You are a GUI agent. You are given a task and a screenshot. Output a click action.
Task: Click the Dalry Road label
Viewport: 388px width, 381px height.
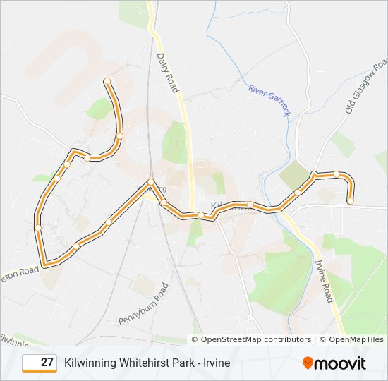168,73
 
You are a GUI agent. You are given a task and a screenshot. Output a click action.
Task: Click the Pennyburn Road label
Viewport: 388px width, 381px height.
154,301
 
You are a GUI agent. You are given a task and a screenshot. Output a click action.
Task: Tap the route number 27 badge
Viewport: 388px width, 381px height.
40,363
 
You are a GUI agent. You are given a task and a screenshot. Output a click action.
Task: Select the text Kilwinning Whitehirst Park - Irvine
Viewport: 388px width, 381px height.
147,363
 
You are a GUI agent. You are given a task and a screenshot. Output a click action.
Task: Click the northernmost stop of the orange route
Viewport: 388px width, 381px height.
107,81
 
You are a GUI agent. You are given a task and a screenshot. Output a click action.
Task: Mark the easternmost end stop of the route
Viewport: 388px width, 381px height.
350,201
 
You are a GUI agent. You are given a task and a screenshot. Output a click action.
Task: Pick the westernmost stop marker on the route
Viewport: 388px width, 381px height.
38,227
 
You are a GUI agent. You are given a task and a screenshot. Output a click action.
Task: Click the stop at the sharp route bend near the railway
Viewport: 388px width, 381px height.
151,183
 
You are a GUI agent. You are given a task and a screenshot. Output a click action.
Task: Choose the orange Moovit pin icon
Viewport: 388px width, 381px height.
308,363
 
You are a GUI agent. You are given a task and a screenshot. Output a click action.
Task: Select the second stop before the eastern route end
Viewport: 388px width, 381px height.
315,174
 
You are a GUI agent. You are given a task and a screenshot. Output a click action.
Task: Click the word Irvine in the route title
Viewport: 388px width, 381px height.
217,363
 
